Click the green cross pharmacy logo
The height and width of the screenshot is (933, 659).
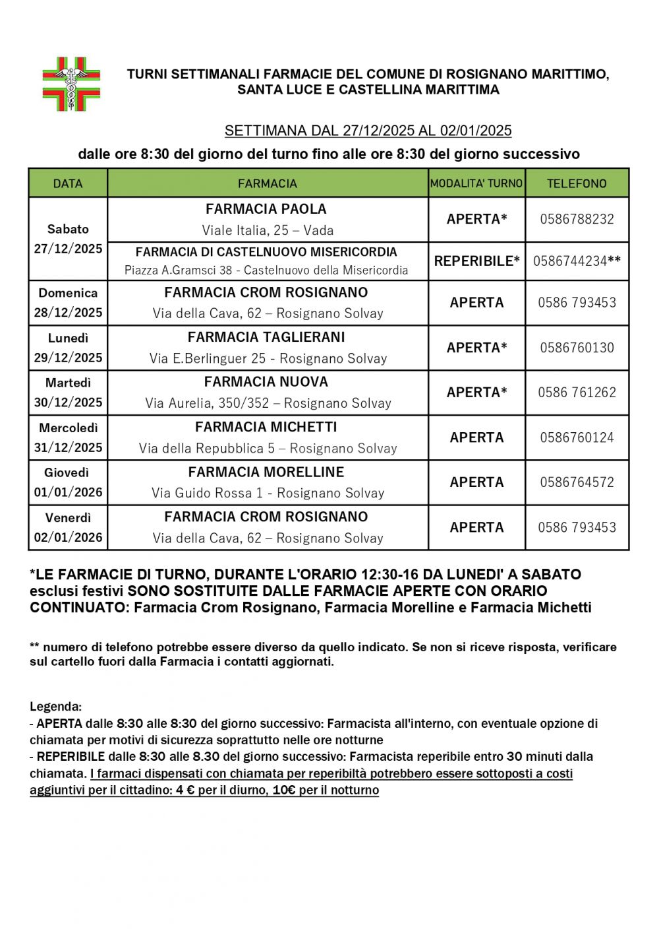tap(71, 84)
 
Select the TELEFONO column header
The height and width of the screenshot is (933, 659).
tap(577, 183)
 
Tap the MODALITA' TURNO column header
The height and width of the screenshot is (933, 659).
tap(476, 183)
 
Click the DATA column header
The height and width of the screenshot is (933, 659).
tap(68, 183)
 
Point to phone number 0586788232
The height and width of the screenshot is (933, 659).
tap(577, 219)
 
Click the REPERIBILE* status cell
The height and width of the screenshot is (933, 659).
tap(476, 261)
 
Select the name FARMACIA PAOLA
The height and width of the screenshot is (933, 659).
tap(266, 209)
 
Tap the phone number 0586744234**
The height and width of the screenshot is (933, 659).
tap(577, 261)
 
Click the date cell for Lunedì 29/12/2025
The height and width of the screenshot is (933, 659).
tap(68, 348)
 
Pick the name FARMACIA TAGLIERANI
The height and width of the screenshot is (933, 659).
tap(266, 337)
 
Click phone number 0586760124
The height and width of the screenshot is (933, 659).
tap(577, 437)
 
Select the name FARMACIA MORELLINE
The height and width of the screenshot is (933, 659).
tap(266, 472)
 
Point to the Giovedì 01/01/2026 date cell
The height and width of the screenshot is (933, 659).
tap(68, 482)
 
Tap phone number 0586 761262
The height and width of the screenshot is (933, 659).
tap(577, 393)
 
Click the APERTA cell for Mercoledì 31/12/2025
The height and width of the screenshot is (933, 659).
tap(476, 437)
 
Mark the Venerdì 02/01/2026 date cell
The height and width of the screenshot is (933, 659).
tap(68, 527)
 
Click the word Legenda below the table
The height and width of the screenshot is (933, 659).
tap(56, 707)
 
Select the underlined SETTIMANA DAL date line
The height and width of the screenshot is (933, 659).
tap(368, 131)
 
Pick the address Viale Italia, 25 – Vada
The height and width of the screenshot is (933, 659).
tap(268, 230)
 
